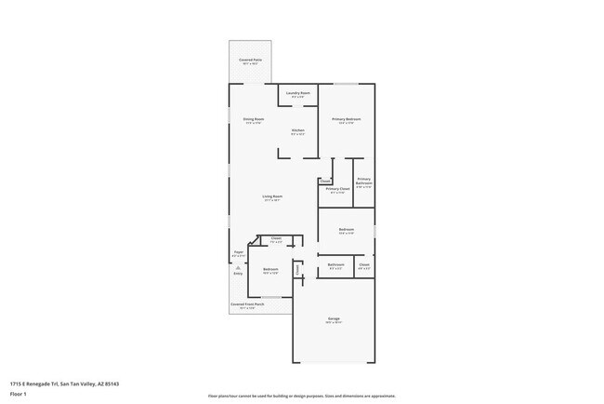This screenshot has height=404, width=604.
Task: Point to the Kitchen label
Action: click(x=298, y=131)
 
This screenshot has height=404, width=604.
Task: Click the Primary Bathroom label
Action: click(x=363, y=182)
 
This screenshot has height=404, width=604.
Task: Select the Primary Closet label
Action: click(x=337, y=190)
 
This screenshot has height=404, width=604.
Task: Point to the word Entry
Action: click(x=238, y=275)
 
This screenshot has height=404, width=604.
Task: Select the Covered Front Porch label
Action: click(x=247, y=305)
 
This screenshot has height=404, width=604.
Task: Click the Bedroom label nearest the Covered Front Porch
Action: click(x=270, y=271)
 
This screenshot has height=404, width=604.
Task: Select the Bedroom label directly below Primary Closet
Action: click(x=346, y=230)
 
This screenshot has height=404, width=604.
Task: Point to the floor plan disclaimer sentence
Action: click(x=301, y=396)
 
